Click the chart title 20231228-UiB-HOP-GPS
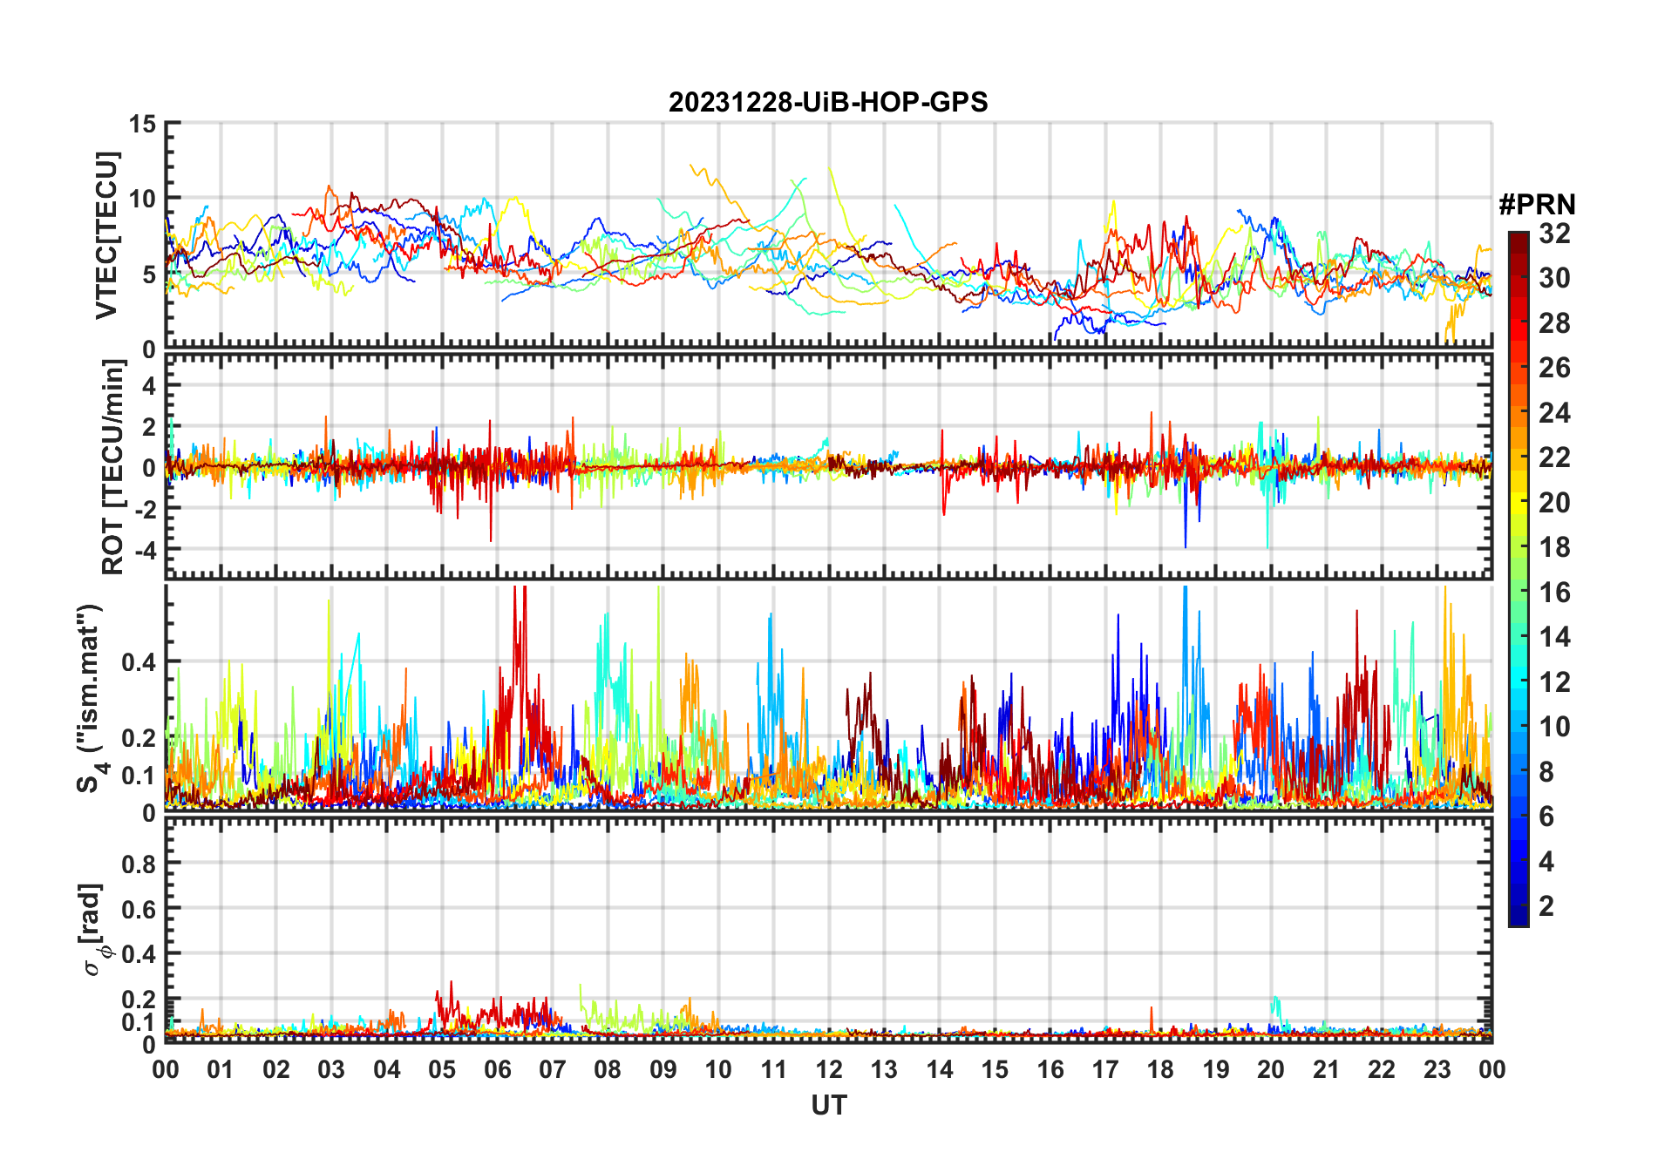pyautogui.click(x=828, y=103)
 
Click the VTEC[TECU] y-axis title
pyautogui.click(x=106, y=235)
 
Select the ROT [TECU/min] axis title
pyautogui.click(x=113, y=467)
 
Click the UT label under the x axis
pyautogui.click(x=828, y=1106)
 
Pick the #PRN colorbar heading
pyautogui.click(x=1537, y=205)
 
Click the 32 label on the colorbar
pyautogui.click(x=1554, y=234)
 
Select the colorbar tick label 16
pyautogui.click(x=1554, y=593)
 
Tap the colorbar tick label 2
pyautogui.click(x=1546, y=906)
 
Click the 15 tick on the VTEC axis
pyautogui.click(x=143, y=125)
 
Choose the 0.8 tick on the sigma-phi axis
pyautogui.click(x=139, y=864)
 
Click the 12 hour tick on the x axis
pyautogui.click(x=829, y=1070)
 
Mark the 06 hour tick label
pyautogui.click(x=497, y=1070)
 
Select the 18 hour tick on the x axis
pyautogui.click(x=1160, y=1070)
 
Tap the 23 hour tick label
pyautogui.click(x=1437, y=1070)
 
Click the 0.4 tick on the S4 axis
pyautogui.click(x=139, y=662)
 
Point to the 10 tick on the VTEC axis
pyautogui.click(x=143, y=200)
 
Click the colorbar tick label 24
pyautogui.click(x=1554, y=413)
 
